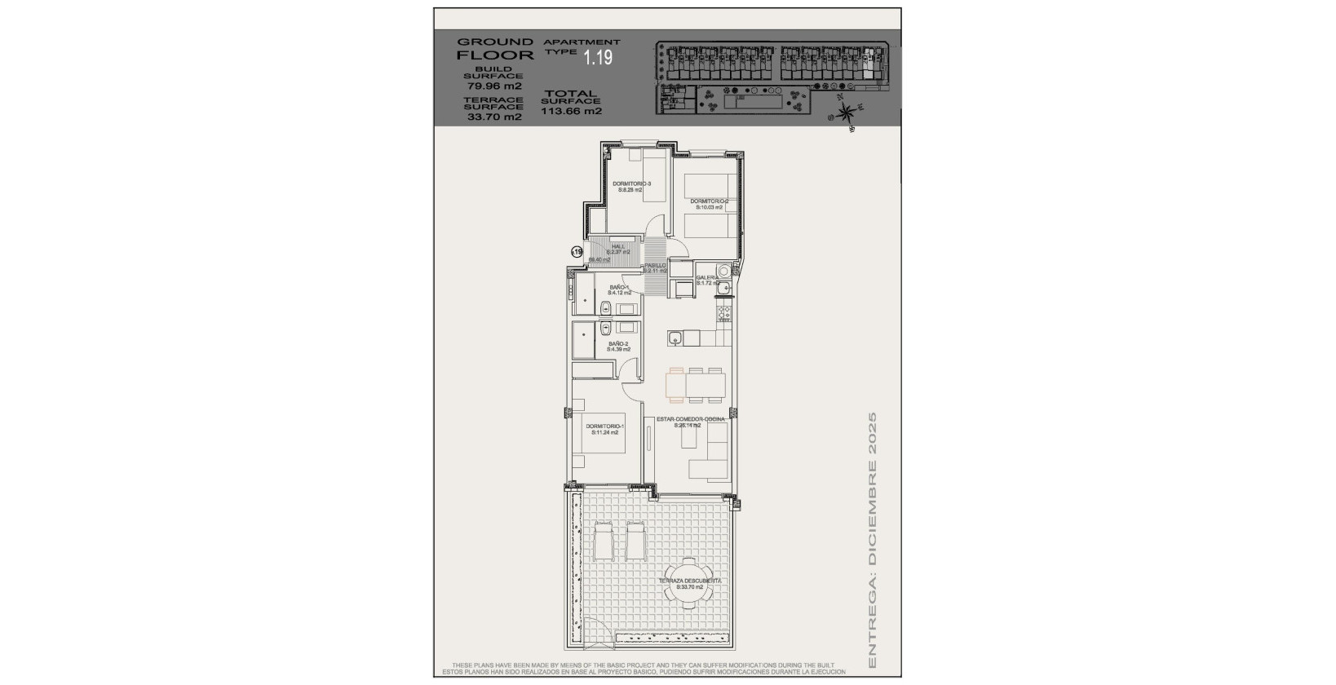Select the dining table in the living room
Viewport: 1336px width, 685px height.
point(696,384)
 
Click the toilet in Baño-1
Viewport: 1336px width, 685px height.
point(606,308)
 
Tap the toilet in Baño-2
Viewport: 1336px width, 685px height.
point(605,328)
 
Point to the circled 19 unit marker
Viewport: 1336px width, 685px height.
point(577,253)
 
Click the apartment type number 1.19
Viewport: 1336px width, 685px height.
point(597,57)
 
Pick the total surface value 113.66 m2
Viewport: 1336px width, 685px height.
point(571,112)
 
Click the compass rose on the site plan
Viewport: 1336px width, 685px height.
point(847,110)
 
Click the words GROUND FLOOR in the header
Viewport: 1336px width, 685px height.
point(495,48)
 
